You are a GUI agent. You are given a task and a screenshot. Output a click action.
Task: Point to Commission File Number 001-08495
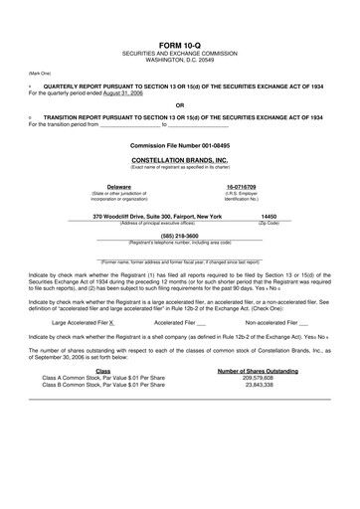click(179, 145)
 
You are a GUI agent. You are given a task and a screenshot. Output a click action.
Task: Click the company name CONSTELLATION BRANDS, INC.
click(179, 159)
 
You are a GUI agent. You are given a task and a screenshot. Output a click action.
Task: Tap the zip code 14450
click(269, 215)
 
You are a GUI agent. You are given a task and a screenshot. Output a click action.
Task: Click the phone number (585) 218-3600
click(179, 235)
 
